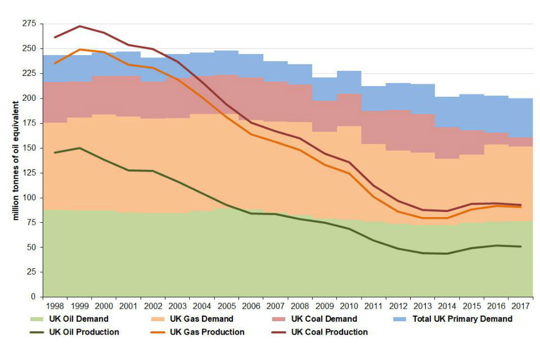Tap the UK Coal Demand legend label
[323, 319]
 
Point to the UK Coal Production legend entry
[328, 332]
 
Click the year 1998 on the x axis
[55, 306]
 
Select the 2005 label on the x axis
[226, 306]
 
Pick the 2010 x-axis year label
[349, 306]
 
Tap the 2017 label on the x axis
[520, 306]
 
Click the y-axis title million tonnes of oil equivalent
[16, 160]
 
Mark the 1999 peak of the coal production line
[79, 26]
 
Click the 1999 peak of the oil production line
[79, 148]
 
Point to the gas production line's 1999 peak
[79, 49]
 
